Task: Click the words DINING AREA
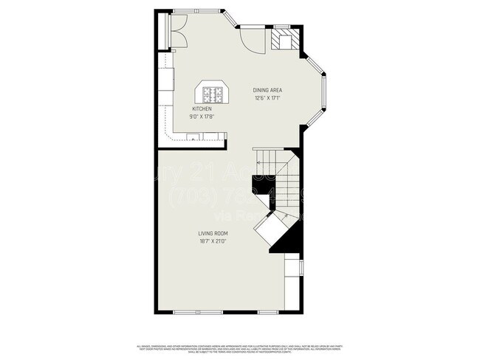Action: coord(268,90)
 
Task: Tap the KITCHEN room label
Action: coord(202,108)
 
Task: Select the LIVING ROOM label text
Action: coord(212,233)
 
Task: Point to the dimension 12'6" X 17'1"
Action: coord(268,98)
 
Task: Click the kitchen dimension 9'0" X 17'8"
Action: coord(202,116)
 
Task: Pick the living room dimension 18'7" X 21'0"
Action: coord(212,241)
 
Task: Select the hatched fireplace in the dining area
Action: coord(281,39)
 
